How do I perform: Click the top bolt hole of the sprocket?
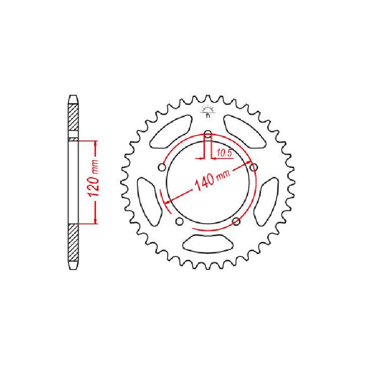(208, 135)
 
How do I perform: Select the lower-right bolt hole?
(236, 221)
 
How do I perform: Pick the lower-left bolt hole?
(178, 221)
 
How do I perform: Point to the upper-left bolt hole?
(161, 167)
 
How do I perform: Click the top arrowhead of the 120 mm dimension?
(94, 143)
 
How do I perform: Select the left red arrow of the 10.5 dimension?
(201, 158)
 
